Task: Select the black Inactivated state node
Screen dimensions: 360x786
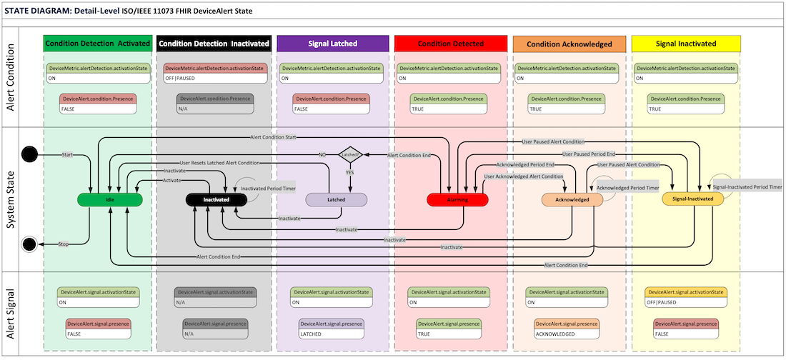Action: (x=215, y=200)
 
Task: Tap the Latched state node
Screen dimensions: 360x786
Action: (x=337, y=200)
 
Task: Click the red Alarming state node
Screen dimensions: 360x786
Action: (x=457, y=200)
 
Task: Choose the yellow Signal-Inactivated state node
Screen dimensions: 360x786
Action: (x=693, y=199)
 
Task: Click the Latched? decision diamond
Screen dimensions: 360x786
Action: (x=350, y=154)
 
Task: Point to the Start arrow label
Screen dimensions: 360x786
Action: (x=68, y=154)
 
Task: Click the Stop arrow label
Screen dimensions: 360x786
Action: (x=63, y=244)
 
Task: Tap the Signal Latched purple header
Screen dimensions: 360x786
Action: (x=332, y=44)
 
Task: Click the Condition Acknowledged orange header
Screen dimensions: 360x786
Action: (x=569, y=44)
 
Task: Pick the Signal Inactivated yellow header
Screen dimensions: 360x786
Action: (x=686, y=44)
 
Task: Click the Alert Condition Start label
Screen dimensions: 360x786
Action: (x=273, y=136)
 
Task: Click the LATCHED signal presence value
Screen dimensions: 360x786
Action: (x=312, y=334)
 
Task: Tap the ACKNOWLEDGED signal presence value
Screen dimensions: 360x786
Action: (x=554, y=334)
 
